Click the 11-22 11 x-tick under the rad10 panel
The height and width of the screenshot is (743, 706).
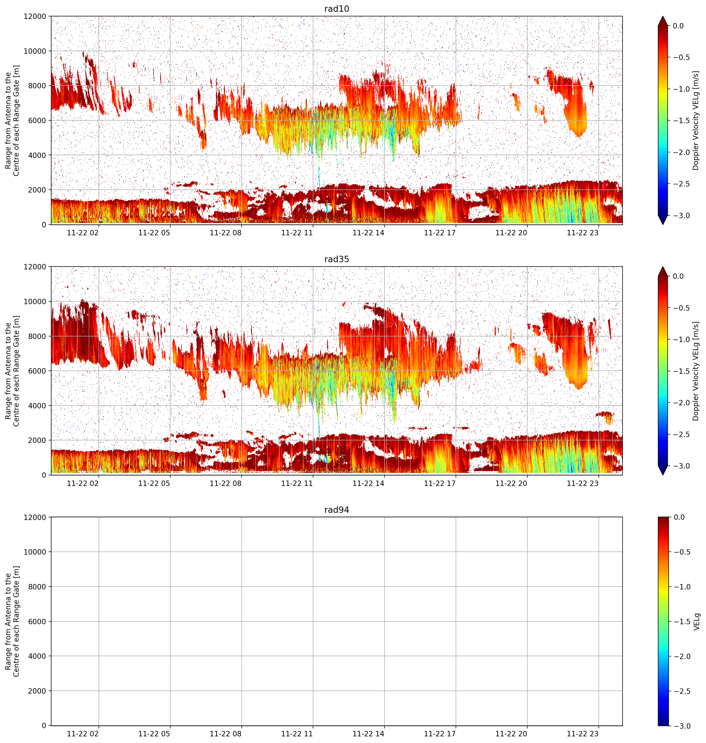point(297,233)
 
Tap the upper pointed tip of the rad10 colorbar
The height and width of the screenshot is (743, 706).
point(664,16)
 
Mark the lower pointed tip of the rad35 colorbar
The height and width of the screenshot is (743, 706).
point(664,475)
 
